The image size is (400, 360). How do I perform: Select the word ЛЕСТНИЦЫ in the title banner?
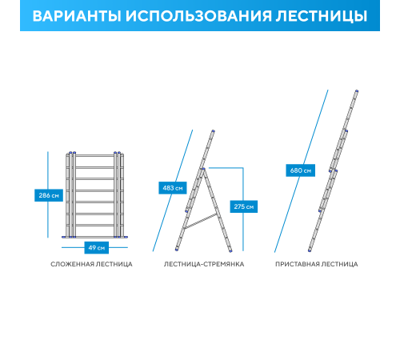[x=315, y=16]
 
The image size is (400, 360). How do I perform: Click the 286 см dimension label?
[x=49, y=195]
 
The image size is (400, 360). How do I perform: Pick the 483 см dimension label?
[x=173, y=188]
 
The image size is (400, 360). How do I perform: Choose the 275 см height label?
[x=242, y=207]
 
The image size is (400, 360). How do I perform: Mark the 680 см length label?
[x=298, y=170]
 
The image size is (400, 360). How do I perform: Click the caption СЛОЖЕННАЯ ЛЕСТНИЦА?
[x=91, y=264]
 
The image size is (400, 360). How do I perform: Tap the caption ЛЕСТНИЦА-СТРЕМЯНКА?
[x=204, y=264]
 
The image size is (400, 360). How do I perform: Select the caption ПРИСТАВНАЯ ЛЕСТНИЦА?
[x=317, y=264]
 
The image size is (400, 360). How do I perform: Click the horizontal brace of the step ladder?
[x=201, y=226]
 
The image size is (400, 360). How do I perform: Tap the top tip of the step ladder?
[x=212, y=131]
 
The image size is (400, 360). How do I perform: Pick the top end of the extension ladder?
[x=356, y=93]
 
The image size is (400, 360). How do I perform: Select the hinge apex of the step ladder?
[x=203, y=169]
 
